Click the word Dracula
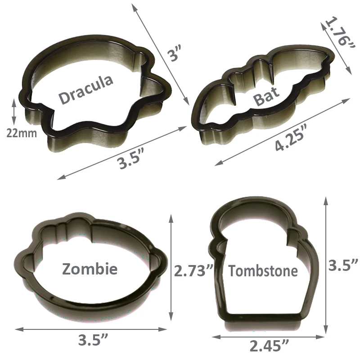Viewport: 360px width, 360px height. click(86, 90)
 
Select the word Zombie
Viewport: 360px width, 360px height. click(90, 269)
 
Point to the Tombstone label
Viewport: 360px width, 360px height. click(263, 271)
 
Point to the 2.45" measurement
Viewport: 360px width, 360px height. click(269, 346)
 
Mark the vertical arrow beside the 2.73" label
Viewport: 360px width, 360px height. click(171, 268)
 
